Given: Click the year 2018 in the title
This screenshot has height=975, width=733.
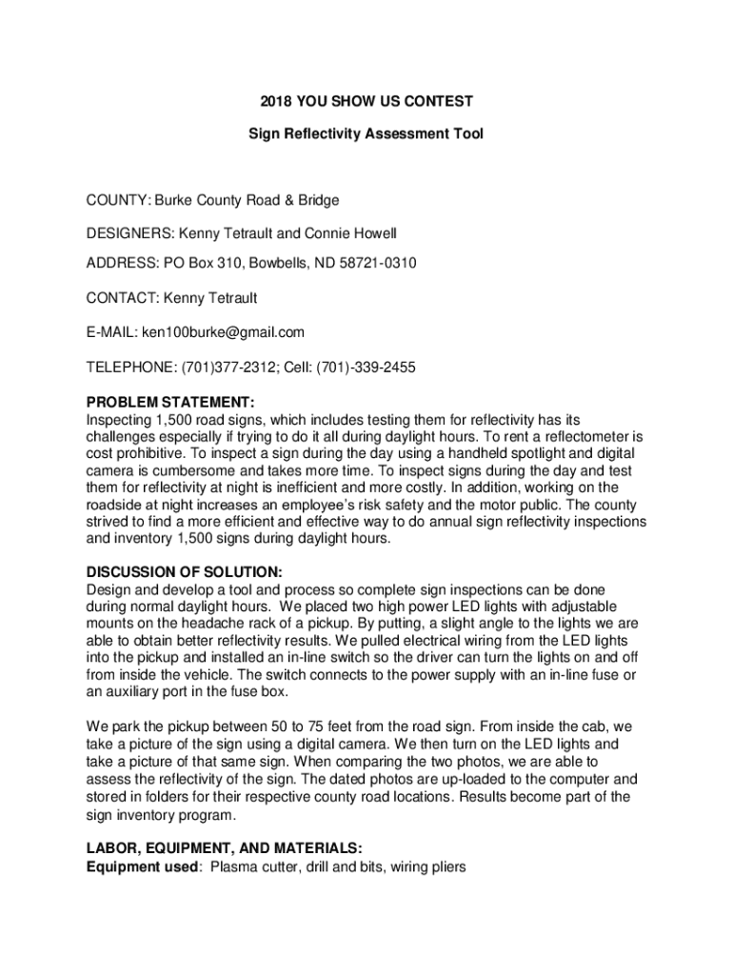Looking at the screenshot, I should (275, 100).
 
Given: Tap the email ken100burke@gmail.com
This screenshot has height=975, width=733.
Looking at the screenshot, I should (223, 332).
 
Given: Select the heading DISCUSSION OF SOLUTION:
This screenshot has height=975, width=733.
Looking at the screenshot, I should (184, 572).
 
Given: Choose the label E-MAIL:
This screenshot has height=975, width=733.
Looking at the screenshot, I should (112, 332).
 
